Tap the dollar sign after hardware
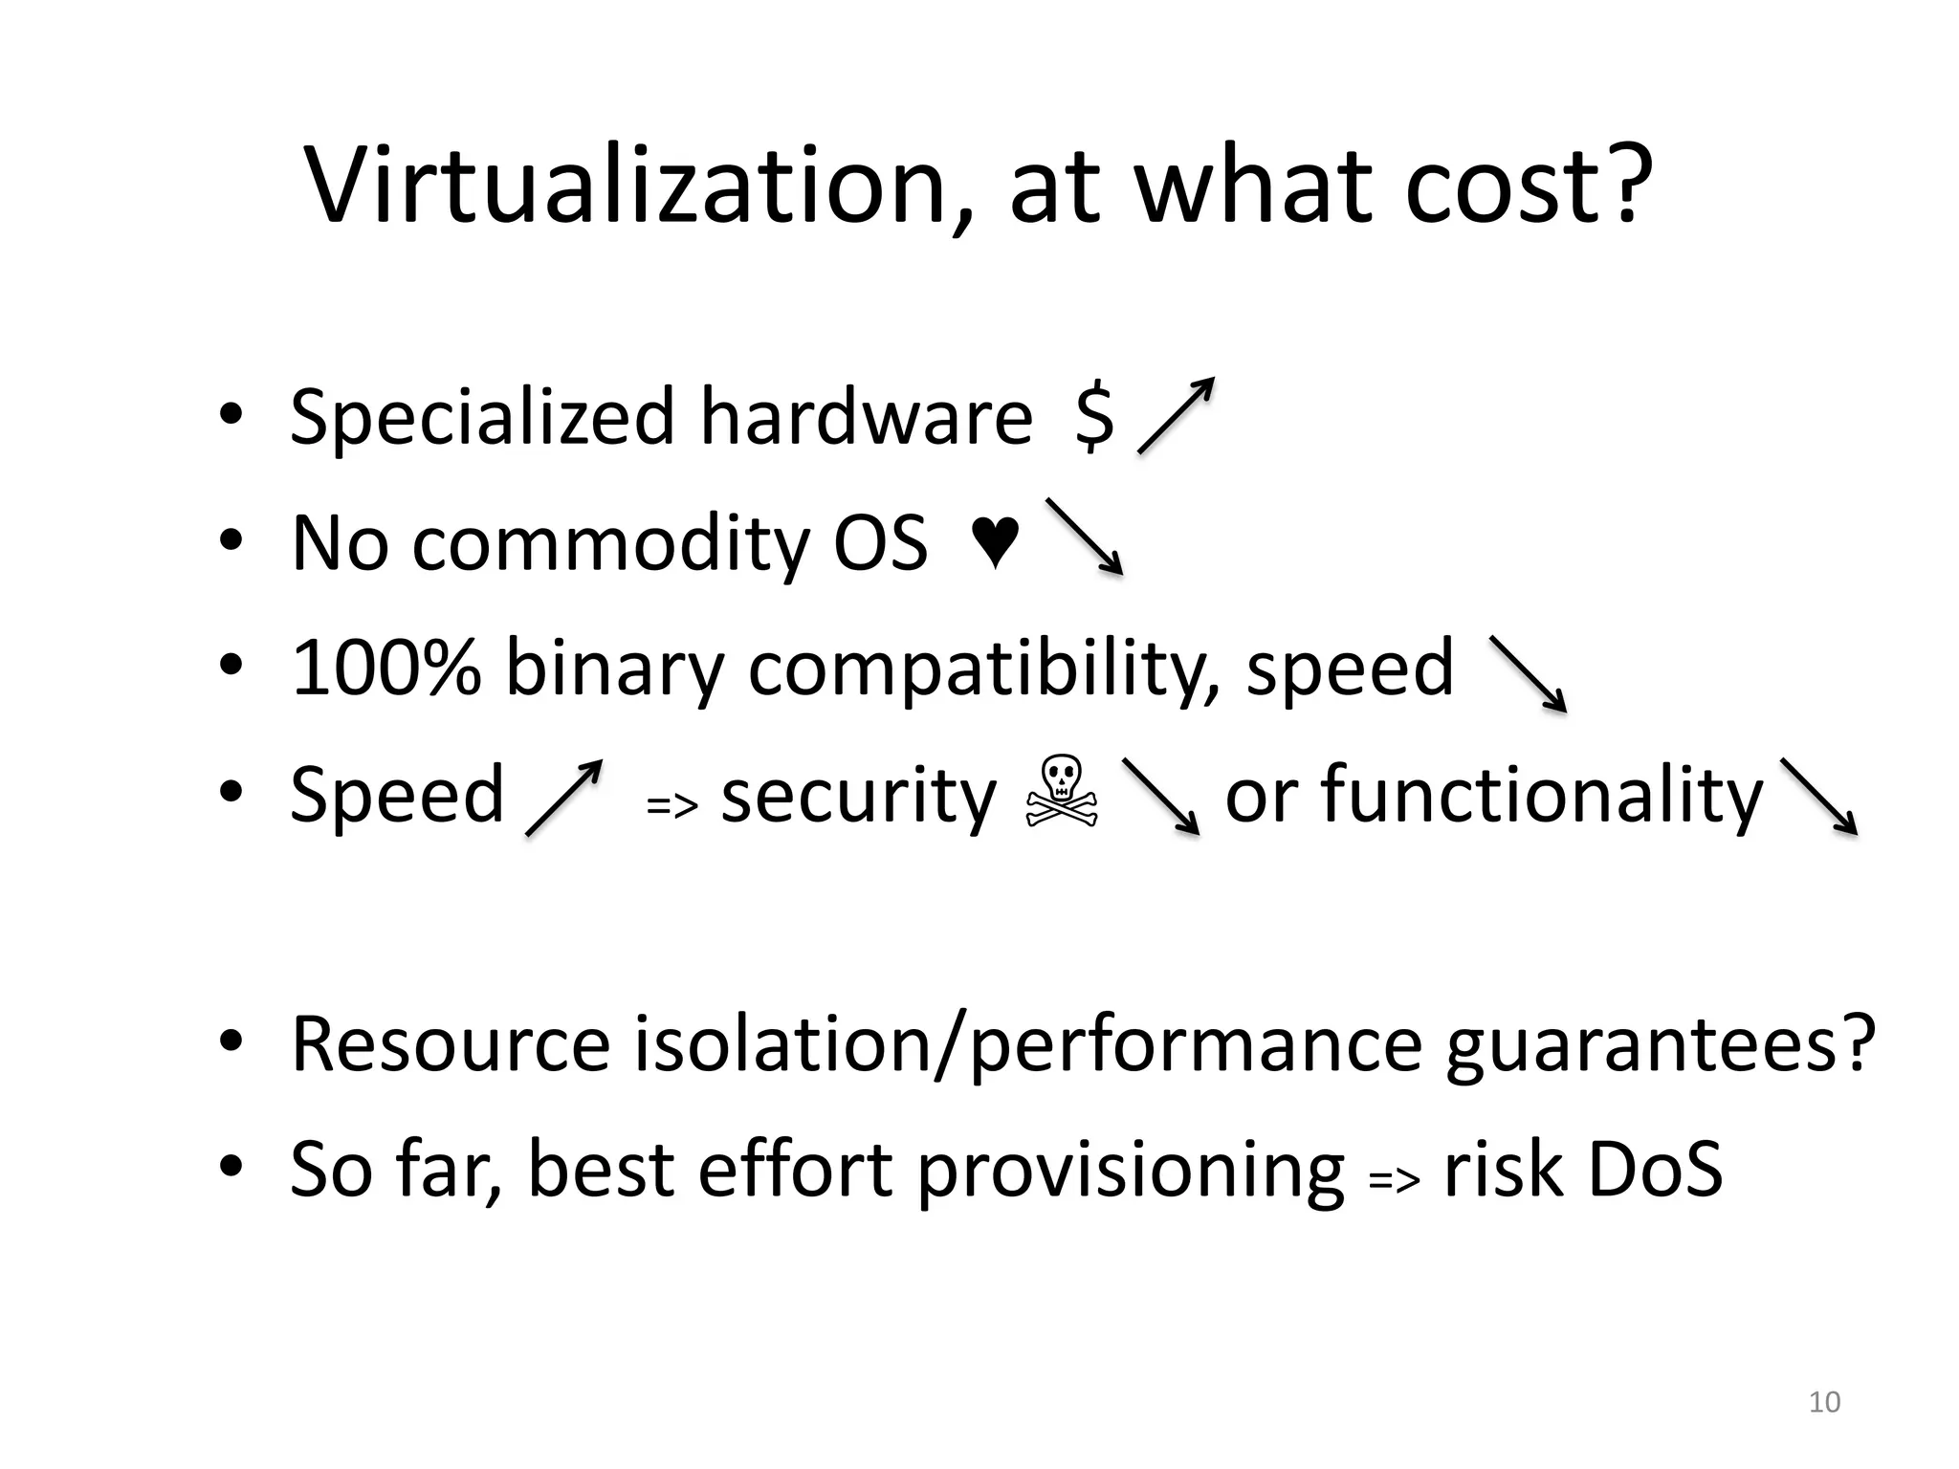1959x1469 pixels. point(1094,416)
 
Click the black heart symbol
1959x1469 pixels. point(995,542)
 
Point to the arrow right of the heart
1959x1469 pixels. point(1084,536)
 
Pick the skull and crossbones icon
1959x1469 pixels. point(1062,793)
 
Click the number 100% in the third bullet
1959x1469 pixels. point(385,667)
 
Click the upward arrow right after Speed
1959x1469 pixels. point(564,798)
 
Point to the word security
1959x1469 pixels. point(858,796)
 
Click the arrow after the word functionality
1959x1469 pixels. point(1817,797)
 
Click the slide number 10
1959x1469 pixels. point(1824,1402)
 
